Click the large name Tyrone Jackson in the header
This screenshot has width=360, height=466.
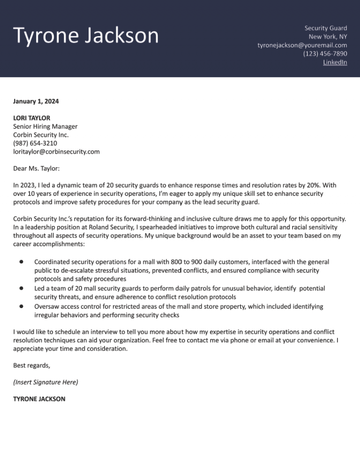pyautogui.click(x=86, y=36)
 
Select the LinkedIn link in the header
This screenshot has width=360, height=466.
pyautogui.click(x=335, y=62)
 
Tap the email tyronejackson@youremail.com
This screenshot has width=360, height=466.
pyautogui.click(x=302, y=45)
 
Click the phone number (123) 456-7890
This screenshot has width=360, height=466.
pyautogui.click(x=325, y=53)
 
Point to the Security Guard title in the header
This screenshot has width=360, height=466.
pyautogui.click(x=325, y=28)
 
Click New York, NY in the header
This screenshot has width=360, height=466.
pyautogui.click(x=328, y=37)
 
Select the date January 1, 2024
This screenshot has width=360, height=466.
pyautogui.click(x=36, y=101)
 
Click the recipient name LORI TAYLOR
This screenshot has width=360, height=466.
pyautogui.click(x=31, y=118)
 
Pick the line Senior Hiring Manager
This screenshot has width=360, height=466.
pyautogui.click(x=45, y=126)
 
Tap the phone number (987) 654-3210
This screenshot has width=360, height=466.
pyautogui.click(x=35, y=143)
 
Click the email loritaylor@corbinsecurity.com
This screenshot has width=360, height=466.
pyautogui.click(x=56, y=151)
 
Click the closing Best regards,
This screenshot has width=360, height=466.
pyautogui.click(x=31, y=365)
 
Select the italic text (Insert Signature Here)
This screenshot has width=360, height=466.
pyautogui.click(x=45, y=382)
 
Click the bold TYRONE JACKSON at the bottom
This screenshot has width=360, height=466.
pyautogui.click(x=39, y=399)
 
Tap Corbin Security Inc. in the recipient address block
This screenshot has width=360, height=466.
pyautogui.click(x=41, y=135)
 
